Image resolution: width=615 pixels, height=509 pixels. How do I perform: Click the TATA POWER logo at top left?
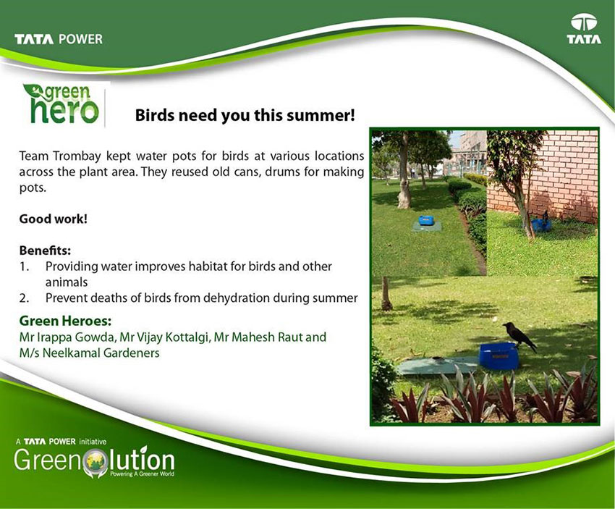pos(59,39)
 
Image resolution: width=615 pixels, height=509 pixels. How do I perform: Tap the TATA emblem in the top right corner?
pos(584,29)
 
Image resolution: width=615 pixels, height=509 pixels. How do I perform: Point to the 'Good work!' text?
pos(54,219)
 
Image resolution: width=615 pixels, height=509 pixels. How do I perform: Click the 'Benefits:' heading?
pos(45,251)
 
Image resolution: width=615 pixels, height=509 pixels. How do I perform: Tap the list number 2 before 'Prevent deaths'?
pos(24,298)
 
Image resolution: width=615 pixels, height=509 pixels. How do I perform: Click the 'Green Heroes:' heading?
pos(65,321)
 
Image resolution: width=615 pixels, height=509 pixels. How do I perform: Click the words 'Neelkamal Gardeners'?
pos(101,353)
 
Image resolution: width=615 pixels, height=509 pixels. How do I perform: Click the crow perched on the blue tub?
pos(519,336)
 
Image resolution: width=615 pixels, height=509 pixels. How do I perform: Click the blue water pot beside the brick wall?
pos(540,224)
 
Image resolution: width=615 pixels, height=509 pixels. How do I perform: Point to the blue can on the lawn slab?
pos(425,220)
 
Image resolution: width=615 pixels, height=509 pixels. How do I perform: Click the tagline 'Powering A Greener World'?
pos(142,474)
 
